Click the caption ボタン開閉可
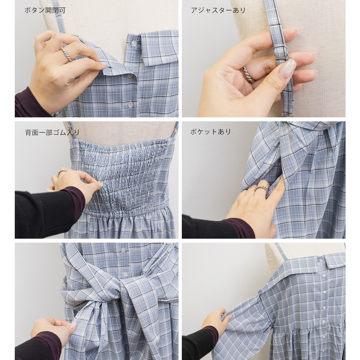(x=45, y=10)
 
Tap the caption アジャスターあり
(x=218, y=10)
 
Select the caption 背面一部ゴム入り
(x=52, y=132)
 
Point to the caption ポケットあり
(x=211, y=131)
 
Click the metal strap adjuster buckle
(x=280, y=52)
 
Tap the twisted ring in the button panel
(x=66, y=54)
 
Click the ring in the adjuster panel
(x=248, y=75)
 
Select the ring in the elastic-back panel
(x=62, y=172)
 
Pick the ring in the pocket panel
(x=261, y=189)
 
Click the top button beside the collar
(x=134, y=43)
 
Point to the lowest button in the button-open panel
(x=130, y=105)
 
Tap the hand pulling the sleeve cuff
(x=216, y=320)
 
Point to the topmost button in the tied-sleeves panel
(x=123, y=250)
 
